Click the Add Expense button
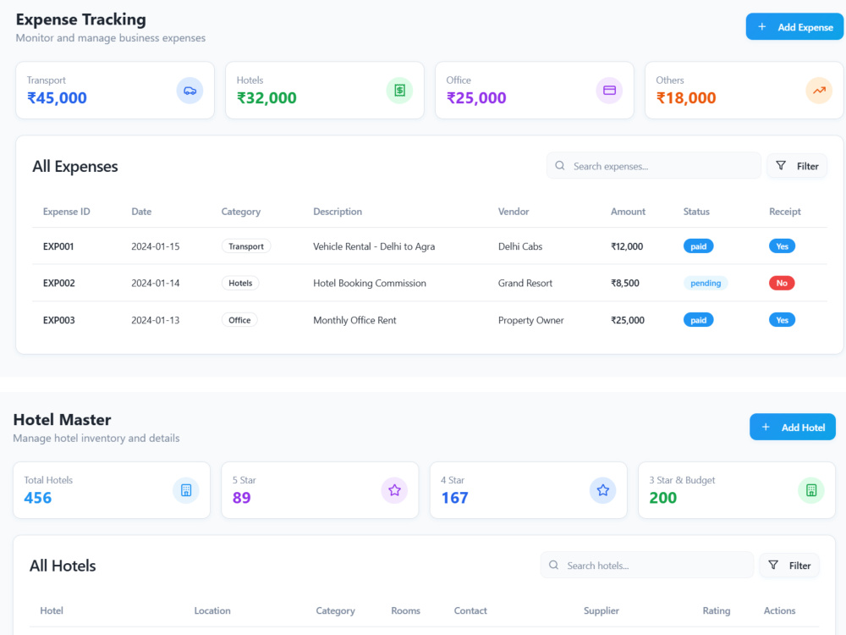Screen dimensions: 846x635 tap(794, 27)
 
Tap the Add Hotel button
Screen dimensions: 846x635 tap(792, 427)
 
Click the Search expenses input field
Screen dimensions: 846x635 tap(653, 166)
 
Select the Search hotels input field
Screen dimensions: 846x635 tap(647, 566)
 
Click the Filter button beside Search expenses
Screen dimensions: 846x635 tap(797, 166)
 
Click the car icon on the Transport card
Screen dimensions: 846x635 tap(190, 91)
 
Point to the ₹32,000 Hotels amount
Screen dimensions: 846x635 tap(266, 97)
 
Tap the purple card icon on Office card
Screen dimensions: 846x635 tap(609, 91)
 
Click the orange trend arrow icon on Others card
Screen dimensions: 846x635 tap(819, 91)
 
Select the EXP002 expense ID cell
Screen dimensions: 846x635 tap(59, 283)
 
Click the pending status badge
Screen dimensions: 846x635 tap(706, 283)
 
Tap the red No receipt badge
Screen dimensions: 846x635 tap(782, 283)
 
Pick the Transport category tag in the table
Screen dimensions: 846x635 tap(246, 246)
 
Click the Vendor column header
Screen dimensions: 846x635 tap(514, 212)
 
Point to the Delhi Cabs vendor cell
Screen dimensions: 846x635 tap(520, 246)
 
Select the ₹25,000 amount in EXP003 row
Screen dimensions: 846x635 tap(628, 320)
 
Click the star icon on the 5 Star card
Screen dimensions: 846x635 tap(394, 490)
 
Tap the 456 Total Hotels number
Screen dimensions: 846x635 tap(38, 498)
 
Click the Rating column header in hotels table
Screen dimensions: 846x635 tap(716, 610)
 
